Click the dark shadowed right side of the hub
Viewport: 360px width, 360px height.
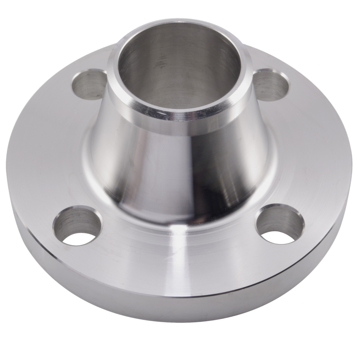246,169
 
